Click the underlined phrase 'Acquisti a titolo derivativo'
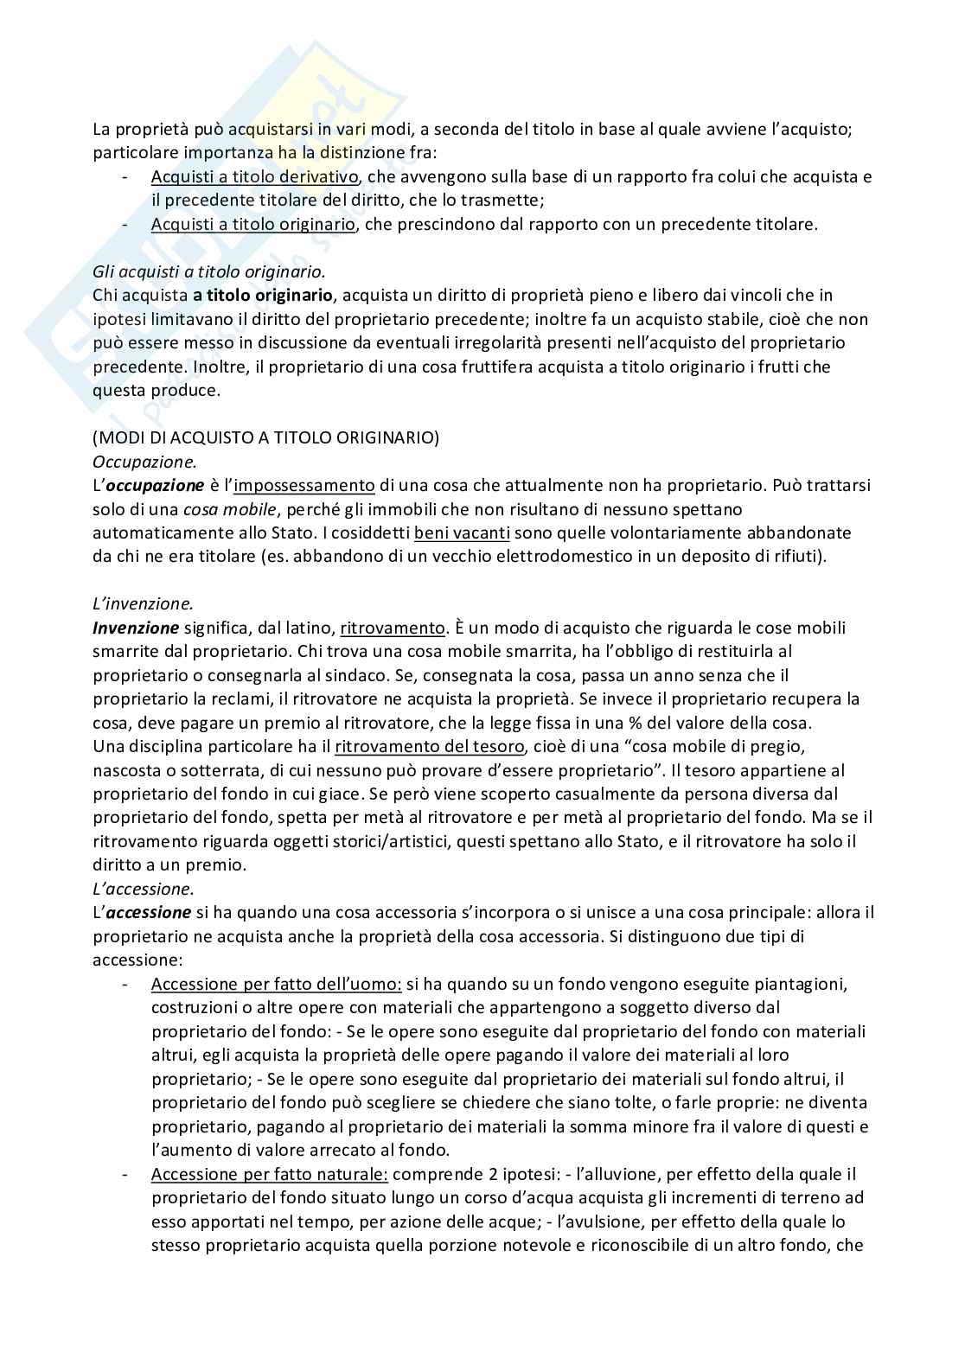click(254, 177)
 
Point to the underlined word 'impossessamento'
click(304, 485)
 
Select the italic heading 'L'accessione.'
click(143, 889)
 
